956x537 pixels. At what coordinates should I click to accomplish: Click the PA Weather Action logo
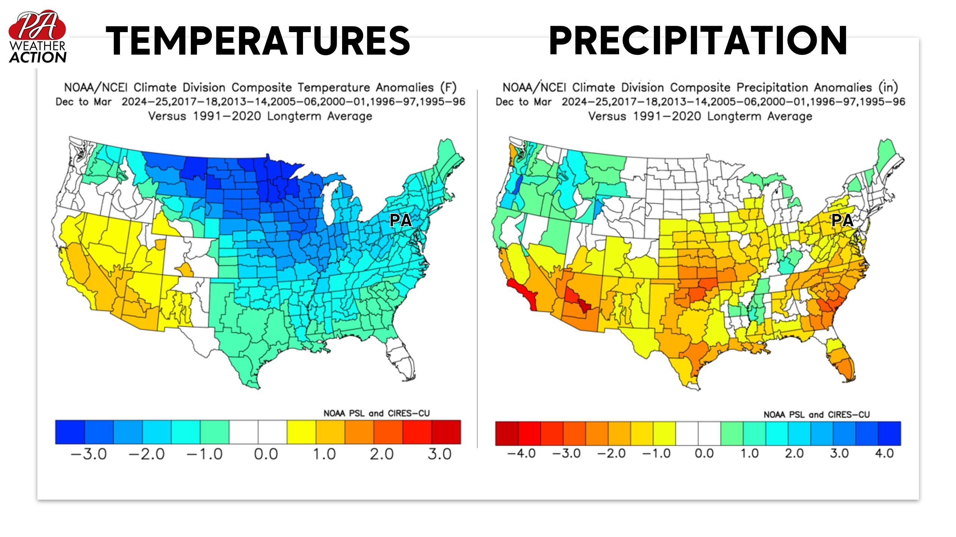pyautogui.click(x=37, y=37)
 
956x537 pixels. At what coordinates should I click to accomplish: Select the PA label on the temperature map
pyautogui.click(x=400, y=220)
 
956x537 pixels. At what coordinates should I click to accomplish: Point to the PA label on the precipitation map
pyautogui.click(x=842, y=220)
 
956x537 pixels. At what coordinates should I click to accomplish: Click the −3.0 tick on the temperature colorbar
pyautogui.click(x=89, y=454)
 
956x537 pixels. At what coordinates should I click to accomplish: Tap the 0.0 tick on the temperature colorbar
pyautogui.click(x=266, y=454)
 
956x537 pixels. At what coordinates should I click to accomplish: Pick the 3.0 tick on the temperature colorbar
pyautogui.click(x=439, y=454)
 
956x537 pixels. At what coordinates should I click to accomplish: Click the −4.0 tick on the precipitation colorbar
pyautogui.click(x=522, y=453)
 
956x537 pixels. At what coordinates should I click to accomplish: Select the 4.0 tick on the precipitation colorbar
pyautogui.click(x=884, y=453)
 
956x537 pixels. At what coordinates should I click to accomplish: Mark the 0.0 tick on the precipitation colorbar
pyautogui.click(x=704, y=453)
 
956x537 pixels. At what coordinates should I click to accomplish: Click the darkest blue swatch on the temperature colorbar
pyautogui.click(x=70, y=432)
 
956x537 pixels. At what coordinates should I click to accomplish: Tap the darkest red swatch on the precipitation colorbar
pyautogui.click(x=507, y=433)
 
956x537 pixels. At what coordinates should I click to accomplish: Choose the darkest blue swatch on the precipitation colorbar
pyautogui.click(x=890, y=433)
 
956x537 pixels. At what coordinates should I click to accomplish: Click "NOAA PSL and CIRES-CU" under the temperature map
pyautogui.click(x=377, y=413)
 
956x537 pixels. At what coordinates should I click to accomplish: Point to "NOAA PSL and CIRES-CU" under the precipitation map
pyautogui.click(x=817, y=414)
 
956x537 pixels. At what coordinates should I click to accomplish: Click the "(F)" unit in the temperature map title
pyautogui.click(x=448, y=87)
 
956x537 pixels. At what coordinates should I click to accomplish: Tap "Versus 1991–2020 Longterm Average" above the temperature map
pyautogui.click(x=260, y=116)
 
